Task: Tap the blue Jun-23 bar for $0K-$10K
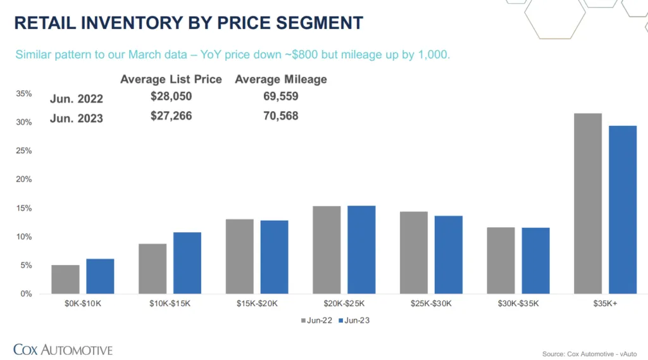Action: tap(100, 276)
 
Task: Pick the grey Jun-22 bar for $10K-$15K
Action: tap(153, 269)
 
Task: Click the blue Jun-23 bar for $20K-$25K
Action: tap(361, 250)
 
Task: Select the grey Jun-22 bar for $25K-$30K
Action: tap(413, 252)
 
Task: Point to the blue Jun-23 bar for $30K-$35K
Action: tap(535, 261)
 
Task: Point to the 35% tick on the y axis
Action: tap(24, 94)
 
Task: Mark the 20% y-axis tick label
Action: tap(24, 180)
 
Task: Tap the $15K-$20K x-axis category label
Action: tap(257, 304)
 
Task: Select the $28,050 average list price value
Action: tap(171, 96)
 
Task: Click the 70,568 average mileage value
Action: tap(280, 116)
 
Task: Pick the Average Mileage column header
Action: tap(281, 79)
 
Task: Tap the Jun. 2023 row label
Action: tap(77, 118)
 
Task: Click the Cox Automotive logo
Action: tap(63, 349)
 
